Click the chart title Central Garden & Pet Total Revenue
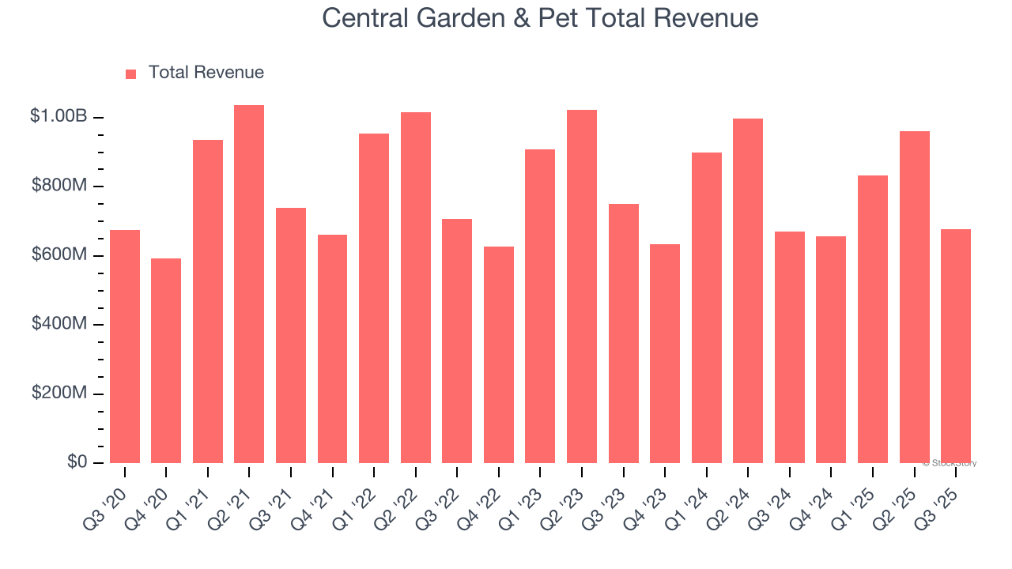click(x=540, y=18)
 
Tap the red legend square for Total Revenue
click(x=131, y=74)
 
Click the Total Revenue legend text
click(x=206, y=73)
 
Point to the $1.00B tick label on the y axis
click(x=59, y=116)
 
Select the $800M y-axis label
click(x=59, y=186)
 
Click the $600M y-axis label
click(x=59, y=254)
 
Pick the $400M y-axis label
click(x=59, y=324)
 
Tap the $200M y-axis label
click(x=59, y=393)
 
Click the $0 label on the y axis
click(x=77, y=462)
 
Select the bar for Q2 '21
click(x=249, y=284)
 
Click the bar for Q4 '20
click(x=166, y=360)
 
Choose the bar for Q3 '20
click(x=125, y=346)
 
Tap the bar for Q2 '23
click(x=582, y=286)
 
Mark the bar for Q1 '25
click(x=873, y=319)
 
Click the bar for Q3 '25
click(x=956, y=346)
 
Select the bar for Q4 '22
click(x=499, y=355)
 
